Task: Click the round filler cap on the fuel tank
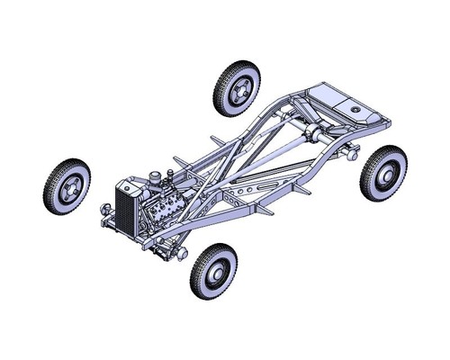point(357,112)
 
